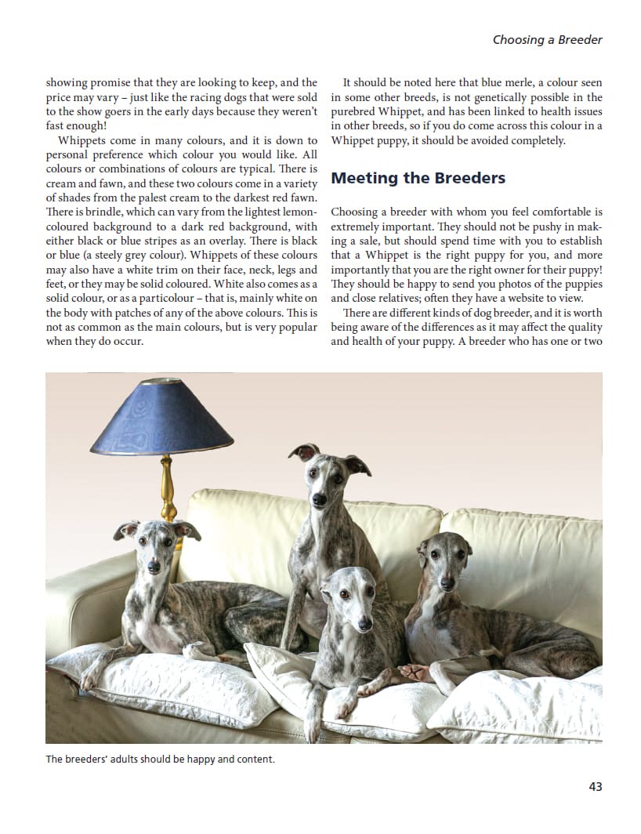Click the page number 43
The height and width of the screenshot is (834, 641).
595,786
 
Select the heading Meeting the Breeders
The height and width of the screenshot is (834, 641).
418,178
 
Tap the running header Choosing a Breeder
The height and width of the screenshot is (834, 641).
547,39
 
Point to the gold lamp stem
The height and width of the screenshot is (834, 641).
167,486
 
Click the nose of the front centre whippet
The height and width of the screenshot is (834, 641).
364,624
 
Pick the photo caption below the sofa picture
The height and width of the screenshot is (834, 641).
160,759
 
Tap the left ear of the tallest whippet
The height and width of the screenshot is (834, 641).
304,451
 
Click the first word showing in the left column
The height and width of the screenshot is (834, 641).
67,82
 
